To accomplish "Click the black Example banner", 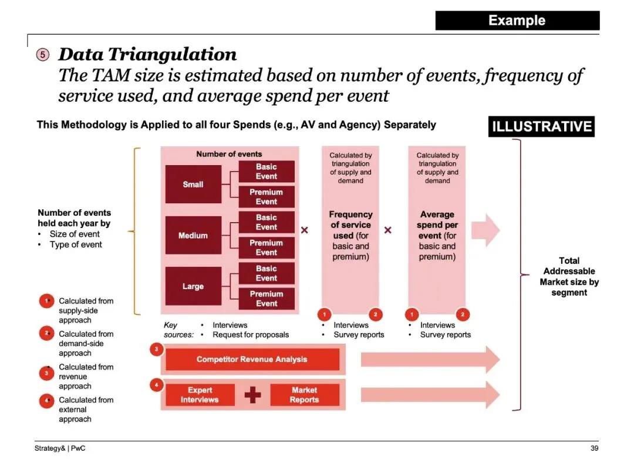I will pos(517,21).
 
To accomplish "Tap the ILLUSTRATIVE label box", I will pos(541,126).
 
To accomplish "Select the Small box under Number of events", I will pos(193,185).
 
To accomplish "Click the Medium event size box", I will pos(193,236).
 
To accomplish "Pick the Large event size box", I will pos(193,287).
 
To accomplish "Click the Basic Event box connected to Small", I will pos(266,172).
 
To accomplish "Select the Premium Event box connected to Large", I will pos(266,299).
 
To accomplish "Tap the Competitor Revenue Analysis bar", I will pos(252,359).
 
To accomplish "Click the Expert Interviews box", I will pos(200,395).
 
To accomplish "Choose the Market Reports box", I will pos(304,395).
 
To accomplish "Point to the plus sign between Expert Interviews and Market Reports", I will pos(252,395).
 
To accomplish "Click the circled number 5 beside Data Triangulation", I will pos(43,55).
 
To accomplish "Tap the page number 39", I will pos(594,449).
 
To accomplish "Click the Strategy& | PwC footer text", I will pos(55,449).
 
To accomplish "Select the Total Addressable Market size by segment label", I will pos(569,276).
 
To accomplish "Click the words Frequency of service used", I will pos(350,225).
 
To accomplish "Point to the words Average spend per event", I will pos(437,225).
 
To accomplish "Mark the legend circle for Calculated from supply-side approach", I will pos(46,301).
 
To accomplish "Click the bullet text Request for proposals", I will pos(251,334).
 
